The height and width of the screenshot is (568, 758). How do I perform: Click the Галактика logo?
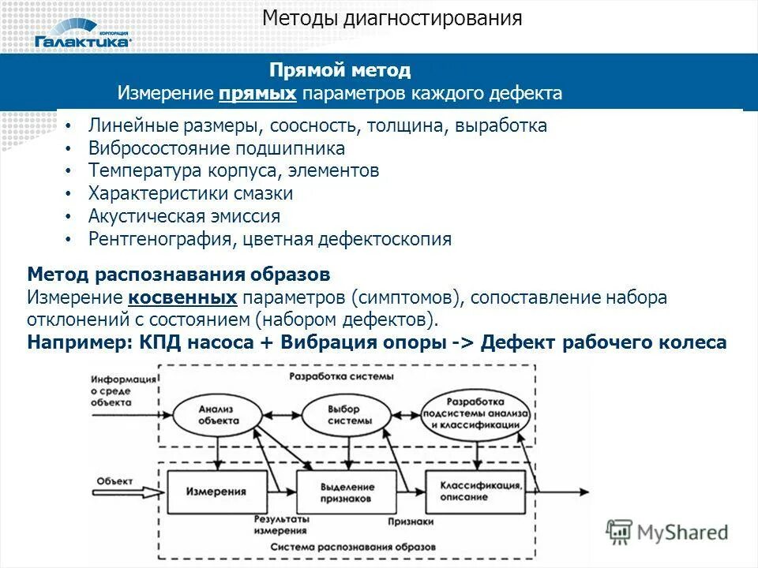(x=83, y=39)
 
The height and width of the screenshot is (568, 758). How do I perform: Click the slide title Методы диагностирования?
(x=392, y=18)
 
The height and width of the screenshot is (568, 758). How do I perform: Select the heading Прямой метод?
(x=340, y=70)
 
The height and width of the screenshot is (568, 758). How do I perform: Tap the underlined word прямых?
(x=258, y=94)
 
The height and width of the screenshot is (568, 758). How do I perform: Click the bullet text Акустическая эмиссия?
(x=184, y=216)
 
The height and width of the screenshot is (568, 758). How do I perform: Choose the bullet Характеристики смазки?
(x=190, y=193)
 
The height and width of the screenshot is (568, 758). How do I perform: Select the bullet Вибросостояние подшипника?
(x=216, y=148)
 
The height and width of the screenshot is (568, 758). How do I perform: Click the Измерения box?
(x=216, y=491)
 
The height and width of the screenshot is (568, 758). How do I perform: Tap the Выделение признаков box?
(x=346, y=492)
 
